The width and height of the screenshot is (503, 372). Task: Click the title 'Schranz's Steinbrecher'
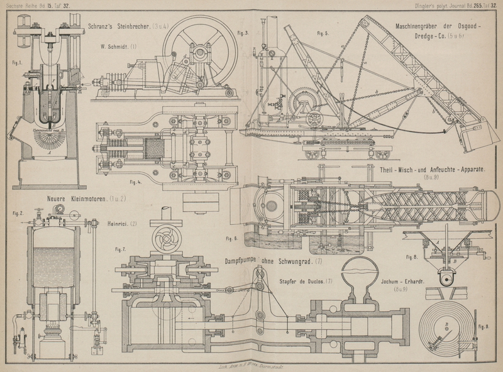point(119,26)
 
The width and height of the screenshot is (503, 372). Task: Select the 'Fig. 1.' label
point(17,63)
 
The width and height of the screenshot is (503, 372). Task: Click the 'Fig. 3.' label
point(243,33)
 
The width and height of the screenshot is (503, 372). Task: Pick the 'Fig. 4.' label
point(135,182)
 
